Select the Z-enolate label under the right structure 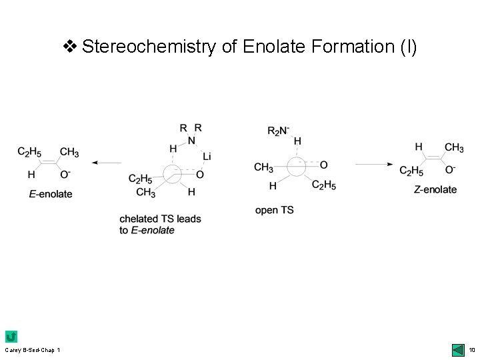click(x=435, y=189)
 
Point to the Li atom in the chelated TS click(x=207, y=156)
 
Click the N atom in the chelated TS click(x=191, y=140)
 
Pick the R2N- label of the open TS click(x=280, y=131)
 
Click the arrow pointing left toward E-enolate click(x=107, y=163)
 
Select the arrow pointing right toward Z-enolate click(x=377, y=163)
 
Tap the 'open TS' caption click(x=274, y=210)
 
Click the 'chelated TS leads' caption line click(x=160, y=219)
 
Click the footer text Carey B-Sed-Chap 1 click(x=32, y=350)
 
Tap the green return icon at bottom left click(x=11, y=337)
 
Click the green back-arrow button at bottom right click(x=458, y=349)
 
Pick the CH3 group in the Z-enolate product click(x=453, y=147)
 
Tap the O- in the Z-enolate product click(x=450, y=171)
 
